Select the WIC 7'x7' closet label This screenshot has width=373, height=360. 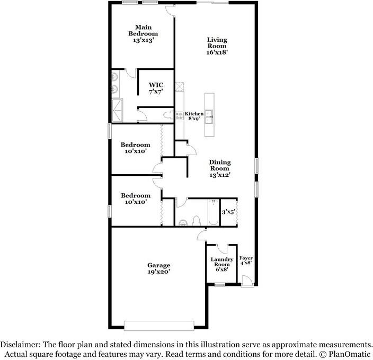[x=156, y=88]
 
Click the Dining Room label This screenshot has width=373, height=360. [x=219, y=168]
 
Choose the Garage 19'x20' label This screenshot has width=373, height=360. [x=158, y=268]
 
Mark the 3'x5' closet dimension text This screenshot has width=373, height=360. [x=228, y=212]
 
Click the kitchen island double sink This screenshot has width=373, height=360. [x=209, y=116]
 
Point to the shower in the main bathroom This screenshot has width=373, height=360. [x=117, y=110]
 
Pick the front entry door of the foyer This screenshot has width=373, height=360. [x=246, y=281]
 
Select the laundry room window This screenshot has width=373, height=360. [x=220, y=285]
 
